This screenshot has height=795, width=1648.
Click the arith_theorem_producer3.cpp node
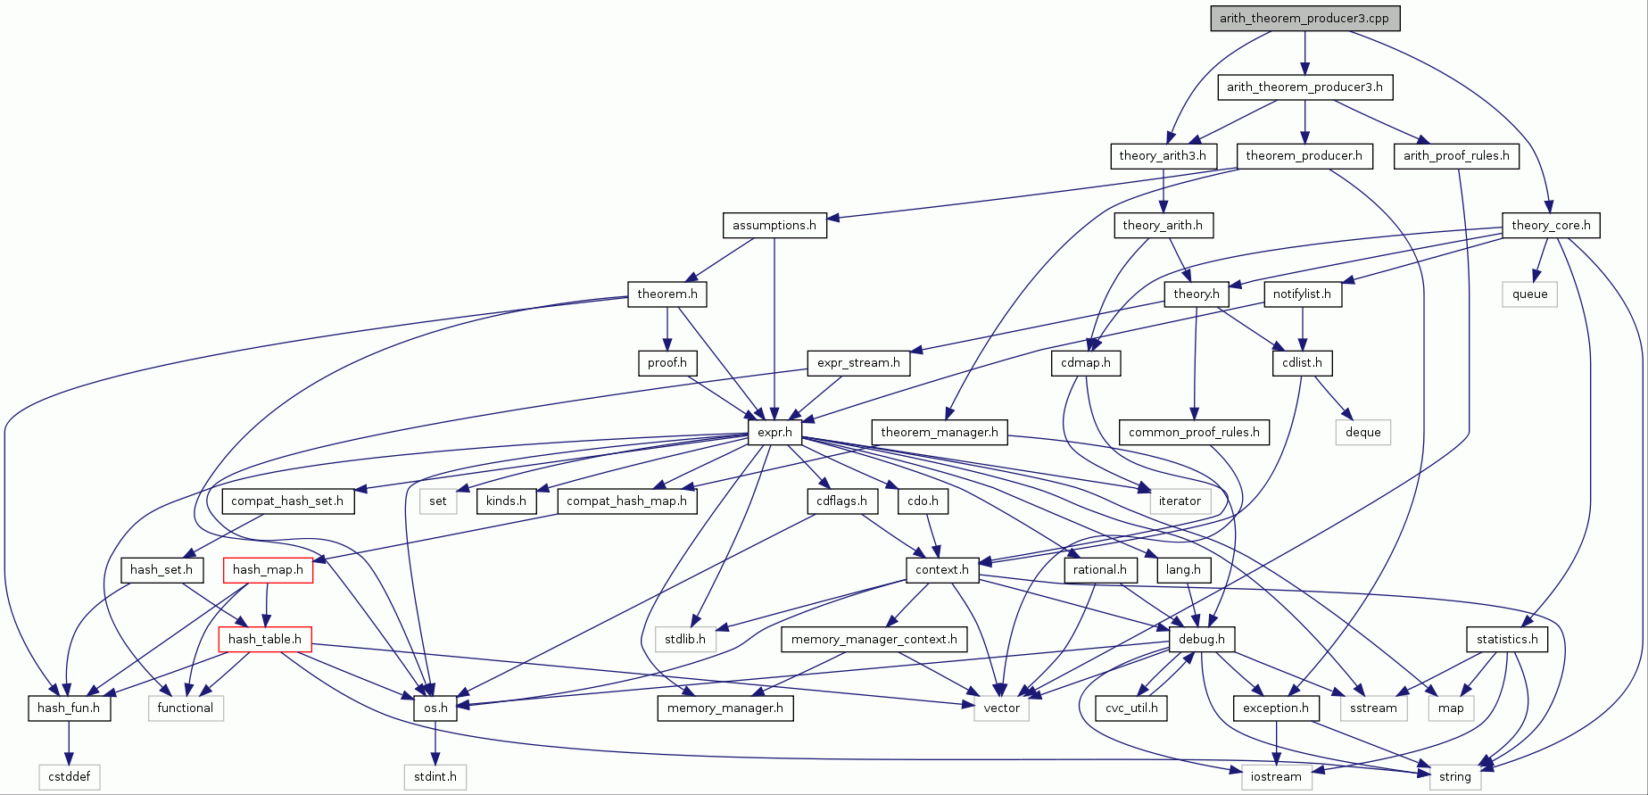(x=1304, y=19)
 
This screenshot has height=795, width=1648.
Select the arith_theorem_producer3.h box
(x=1304, y=87)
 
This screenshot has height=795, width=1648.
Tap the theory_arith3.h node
(x=1163, y=156)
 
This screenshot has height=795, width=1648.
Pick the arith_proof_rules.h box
(x=1456, y=156)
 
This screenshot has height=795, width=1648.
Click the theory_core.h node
(x=1551, y=226)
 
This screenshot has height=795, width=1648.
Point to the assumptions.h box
(x=774, y=226)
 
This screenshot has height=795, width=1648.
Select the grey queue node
(x=1529, y=294)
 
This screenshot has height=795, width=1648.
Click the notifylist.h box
(x=1302, y=294)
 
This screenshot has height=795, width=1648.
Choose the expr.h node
(x=774, y=433)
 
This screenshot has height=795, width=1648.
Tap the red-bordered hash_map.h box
(x=268, y=570)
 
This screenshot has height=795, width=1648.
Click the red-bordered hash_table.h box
(x=265, y=639)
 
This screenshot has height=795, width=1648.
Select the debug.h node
(x=1201, y=639)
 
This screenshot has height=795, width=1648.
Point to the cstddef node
(x=69, y=777)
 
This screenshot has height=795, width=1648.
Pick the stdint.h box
(x=435, y=777)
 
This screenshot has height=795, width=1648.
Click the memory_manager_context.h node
(x=874, y=639)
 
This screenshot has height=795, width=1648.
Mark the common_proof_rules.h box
(x=1194, y=433)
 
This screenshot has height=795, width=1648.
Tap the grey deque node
(x=1362, y=433)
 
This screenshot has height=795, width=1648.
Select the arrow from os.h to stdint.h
(x=435, y=742)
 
